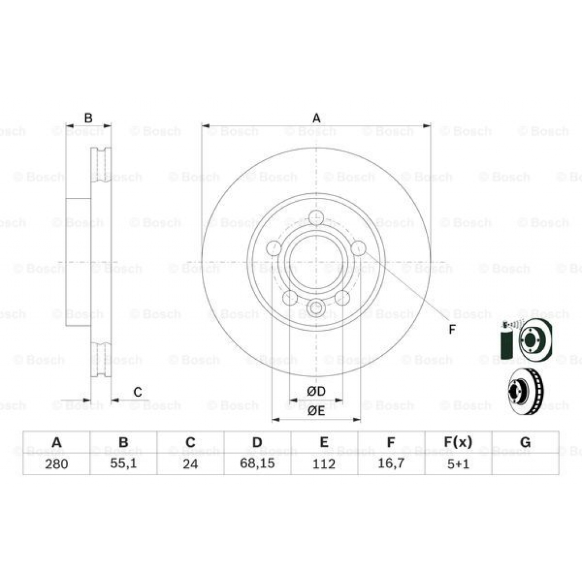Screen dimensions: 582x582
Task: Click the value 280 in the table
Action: click(56, 464)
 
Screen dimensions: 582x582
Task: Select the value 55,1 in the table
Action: click(123, 464)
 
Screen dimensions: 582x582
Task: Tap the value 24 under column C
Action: click(190, 464)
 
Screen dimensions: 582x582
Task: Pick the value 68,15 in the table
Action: click(257, 464)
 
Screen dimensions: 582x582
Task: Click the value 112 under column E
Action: click(324, 464)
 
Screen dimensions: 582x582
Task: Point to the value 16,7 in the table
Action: click(391, 464)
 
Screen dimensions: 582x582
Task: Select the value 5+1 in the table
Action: click(458, 464)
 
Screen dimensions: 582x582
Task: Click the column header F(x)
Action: click(458, 442)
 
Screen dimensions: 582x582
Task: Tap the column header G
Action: click(525, 442)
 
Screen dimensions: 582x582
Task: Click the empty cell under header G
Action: click(525, 464)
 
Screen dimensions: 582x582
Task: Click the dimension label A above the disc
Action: click(317, 118)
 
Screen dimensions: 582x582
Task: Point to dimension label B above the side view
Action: click(88, 118)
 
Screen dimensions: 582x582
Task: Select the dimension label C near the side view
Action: click(138, 392)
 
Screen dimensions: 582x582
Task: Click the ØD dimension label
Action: click(316, 392)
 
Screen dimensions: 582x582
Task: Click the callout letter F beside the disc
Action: click(452, 330)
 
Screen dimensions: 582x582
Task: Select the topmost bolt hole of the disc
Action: click(316, 218)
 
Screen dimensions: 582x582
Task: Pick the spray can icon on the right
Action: click(506, 342)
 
